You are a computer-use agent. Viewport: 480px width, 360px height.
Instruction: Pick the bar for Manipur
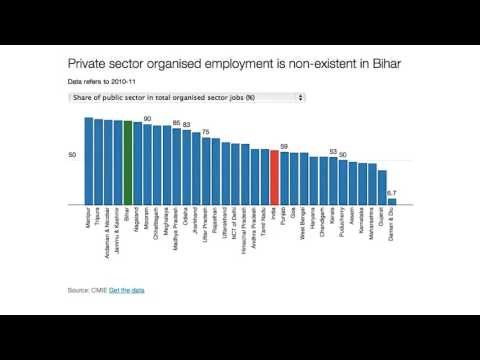[x=89, y=160]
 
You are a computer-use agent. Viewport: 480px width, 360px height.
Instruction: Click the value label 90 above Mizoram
[x=148, y=118]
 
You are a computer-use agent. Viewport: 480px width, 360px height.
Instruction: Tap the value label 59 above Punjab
[x=284, y=147]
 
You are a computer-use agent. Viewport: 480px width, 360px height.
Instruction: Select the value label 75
[x=206, y=132]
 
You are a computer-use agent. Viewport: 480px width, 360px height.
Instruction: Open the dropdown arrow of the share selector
[x=301, y=97]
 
